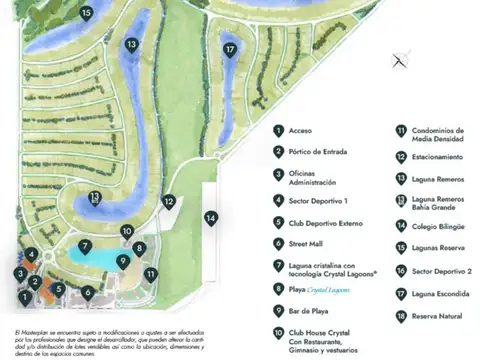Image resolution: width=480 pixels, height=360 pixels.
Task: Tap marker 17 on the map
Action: [231, 48]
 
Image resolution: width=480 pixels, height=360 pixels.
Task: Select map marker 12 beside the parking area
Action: [170, 201]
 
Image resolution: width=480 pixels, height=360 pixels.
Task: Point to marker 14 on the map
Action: [211, 217]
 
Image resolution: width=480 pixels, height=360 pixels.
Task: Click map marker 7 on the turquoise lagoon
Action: [86, 245]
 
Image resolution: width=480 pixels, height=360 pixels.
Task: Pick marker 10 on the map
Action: [127, 231]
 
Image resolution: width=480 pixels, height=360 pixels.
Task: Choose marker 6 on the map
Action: [88, 293]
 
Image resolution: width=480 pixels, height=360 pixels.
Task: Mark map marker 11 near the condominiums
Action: [150, 273]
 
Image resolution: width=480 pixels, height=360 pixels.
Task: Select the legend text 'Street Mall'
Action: [310, 242]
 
